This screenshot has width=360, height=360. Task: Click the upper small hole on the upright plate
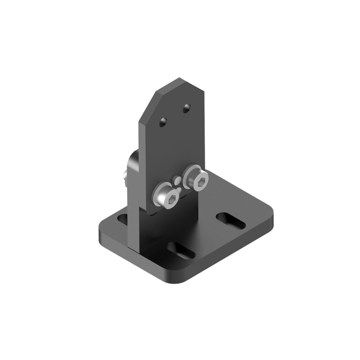[186, 108]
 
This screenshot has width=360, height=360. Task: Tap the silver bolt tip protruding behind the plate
[125, 176]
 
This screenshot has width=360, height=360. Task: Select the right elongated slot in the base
[231, 220]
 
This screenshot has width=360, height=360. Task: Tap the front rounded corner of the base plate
[187, 279]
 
